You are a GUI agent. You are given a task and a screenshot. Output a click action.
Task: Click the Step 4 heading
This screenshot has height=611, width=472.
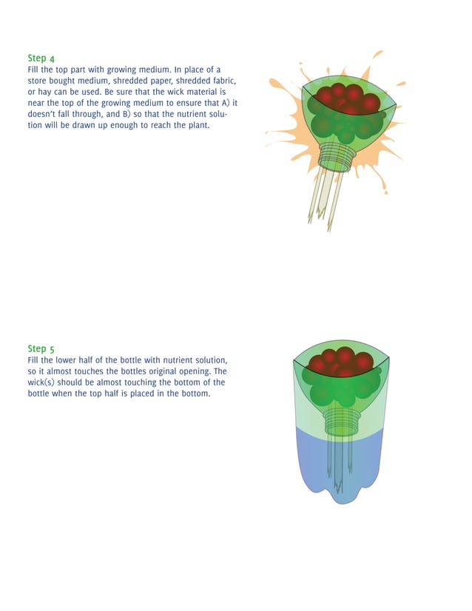[41, 58]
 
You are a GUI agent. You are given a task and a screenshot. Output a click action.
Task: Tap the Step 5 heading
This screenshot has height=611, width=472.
[41, 348]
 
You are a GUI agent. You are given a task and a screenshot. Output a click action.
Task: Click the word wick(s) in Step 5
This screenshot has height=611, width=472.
[44, 382]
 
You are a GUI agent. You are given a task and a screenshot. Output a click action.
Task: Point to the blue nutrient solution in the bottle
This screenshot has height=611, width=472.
[311, 459]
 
